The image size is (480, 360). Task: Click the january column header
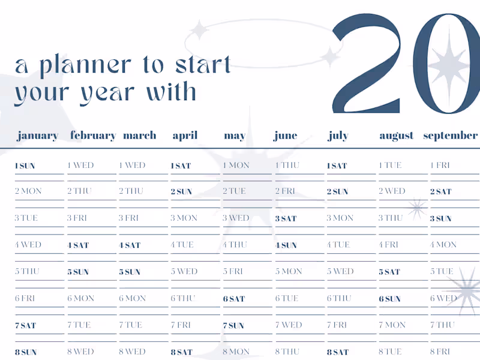point(37,136)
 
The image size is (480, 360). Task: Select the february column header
point(92,136)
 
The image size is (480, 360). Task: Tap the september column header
point(450,136)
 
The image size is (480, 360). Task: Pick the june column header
point(285,136)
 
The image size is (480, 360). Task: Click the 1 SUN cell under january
point(25,166)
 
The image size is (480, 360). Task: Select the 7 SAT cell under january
point(25,326)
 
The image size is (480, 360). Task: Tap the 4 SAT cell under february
point(78,245)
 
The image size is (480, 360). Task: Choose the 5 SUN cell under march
point(130,272)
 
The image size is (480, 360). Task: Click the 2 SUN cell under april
point(181,192)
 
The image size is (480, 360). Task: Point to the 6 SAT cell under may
point(233,299)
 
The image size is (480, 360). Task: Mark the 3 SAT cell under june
point(286,218)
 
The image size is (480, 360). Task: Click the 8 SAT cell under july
point(337,352)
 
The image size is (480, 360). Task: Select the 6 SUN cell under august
point(389,299)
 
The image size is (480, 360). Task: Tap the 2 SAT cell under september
point(440,192)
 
